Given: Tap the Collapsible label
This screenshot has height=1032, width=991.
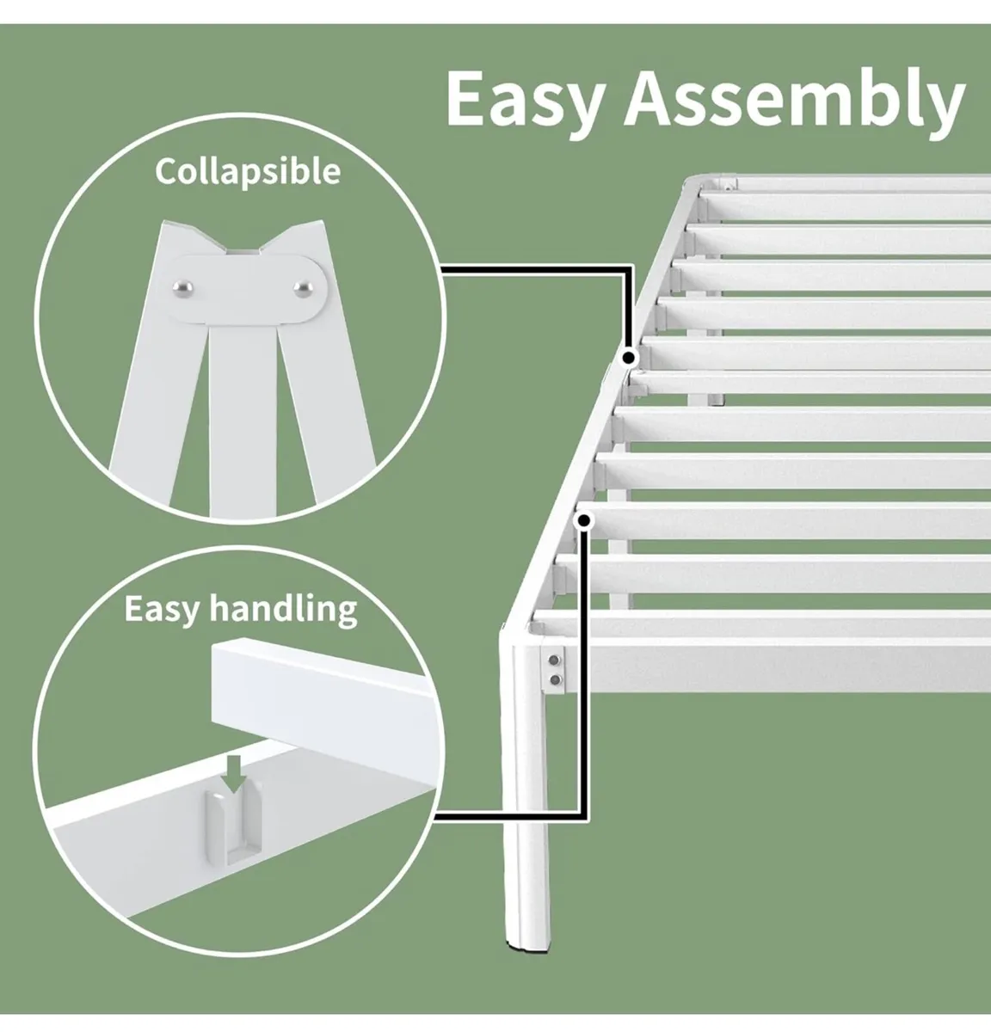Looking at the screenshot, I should [x=248, y=171].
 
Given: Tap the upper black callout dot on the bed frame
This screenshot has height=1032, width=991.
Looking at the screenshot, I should [x=630, y=357].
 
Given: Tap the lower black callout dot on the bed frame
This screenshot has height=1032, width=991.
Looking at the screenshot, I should [x=585, y=520].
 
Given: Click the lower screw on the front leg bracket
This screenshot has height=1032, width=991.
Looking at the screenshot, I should [x=555, y=680].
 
